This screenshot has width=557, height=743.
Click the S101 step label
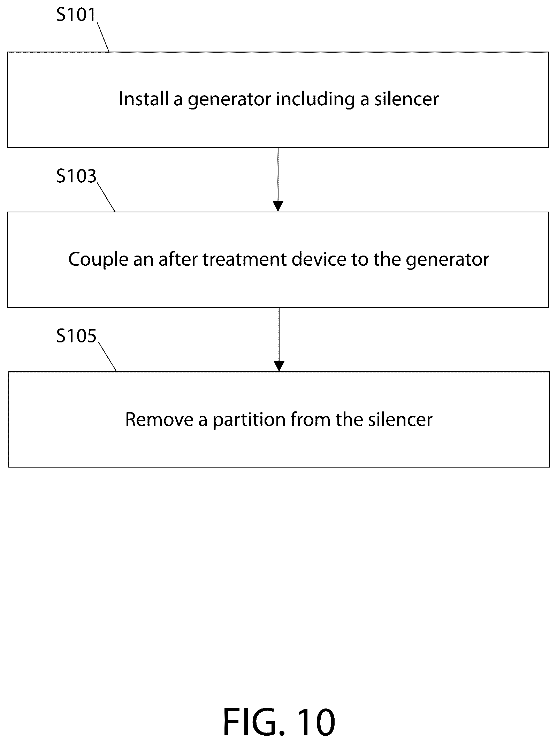tap(76, 15)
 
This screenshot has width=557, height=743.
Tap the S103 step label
tap(76, 176)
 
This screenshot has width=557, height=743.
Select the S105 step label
tap(76, 336)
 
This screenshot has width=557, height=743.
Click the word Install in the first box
tap(143, 99)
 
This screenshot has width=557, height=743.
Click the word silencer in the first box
tap(406, 99)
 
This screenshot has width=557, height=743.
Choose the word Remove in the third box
tap(159, 419)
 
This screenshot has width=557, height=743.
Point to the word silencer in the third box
tap(400, 419)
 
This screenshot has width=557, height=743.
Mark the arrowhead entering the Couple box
tap(278, 206)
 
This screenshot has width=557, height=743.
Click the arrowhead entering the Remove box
tap(279, 366)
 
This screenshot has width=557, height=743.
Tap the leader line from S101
tap(103, 37)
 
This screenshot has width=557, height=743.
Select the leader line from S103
tap(106, 197)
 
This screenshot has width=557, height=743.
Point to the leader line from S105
tap(107, 357)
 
